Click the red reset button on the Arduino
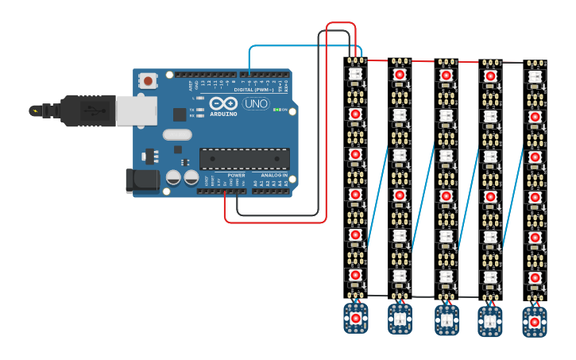coord(148,80)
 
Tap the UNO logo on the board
coord(255,103)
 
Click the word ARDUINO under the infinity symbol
coord(223,114)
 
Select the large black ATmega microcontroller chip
coord(244,159)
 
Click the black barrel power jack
coord(142,180)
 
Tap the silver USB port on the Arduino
coord(136,110)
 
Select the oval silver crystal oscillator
coord(177,134)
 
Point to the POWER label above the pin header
coord(236,175)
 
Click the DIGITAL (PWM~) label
coord(253,90)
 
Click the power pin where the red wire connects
coord(225,191)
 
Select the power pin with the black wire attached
coord(238,191)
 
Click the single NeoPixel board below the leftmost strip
coord(355,318)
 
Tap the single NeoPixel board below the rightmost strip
coord(535,322)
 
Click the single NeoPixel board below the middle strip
coord(446,319)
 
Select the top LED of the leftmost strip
coord(355,74)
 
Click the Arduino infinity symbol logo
coord(223,103)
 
